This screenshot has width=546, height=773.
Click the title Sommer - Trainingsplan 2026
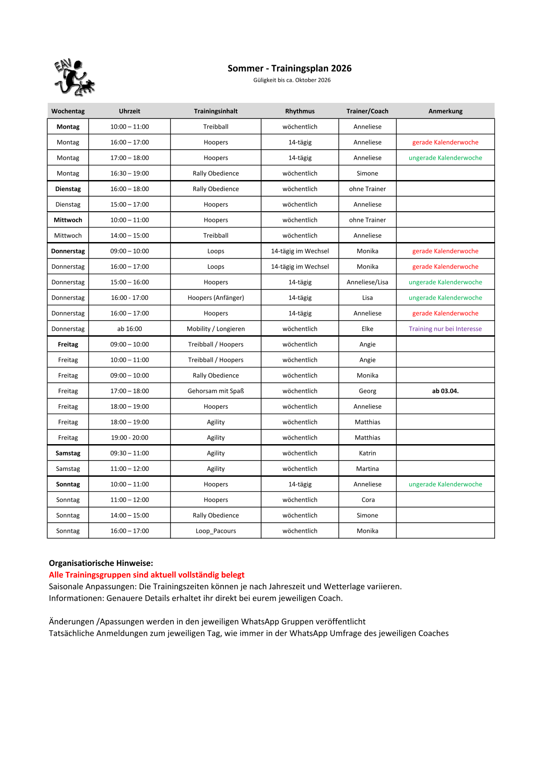pyautogui.click(x=290, y=68)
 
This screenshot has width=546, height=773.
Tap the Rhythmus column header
pyautogui.click(x=300, y=111)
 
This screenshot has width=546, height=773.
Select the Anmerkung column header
pyautogui.click(x=445, y=111)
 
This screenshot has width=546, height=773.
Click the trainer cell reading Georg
pyautogui.click(x=367, y=391)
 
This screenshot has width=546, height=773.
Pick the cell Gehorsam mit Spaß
pyautogui.click(x=216, y=391)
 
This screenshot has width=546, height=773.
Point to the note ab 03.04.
pyautogui.click(x=445, y=391)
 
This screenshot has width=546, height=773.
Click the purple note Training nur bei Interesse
pyautogui.click(x=445, y=329)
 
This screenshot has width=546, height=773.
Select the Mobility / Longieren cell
pyautogui.click(x=216, y=329)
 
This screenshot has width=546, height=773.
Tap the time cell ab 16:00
pyautogui.click(x=129, y=329)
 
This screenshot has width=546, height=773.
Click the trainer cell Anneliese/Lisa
pyautogui.click(x=367, y=282)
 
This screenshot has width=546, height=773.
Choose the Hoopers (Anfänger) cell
pyautogui.click(x=216, y=298)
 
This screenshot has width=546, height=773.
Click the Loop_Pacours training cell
pyautogui.click(x=216, y=531)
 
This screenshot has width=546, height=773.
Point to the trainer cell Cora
pyautogui.click(x=368, y=500)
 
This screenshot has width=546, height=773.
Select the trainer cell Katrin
pyautogui.click(x=367, y=453)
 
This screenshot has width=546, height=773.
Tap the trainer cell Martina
pyautogui.click(x=367, y=468)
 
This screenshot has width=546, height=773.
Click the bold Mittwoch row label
pyautogui.click(x=68, y=220)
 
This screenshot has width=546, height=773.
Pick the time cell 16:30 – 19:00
pyautogui.click(x=129, y=173)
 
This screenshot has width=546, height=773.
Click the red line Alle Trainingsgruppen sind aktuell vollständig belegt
pyautogui.click(x=146, y=575)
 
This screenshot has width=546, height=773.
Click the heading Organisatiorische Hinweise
pyautogui.click(x=101, y=563)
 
